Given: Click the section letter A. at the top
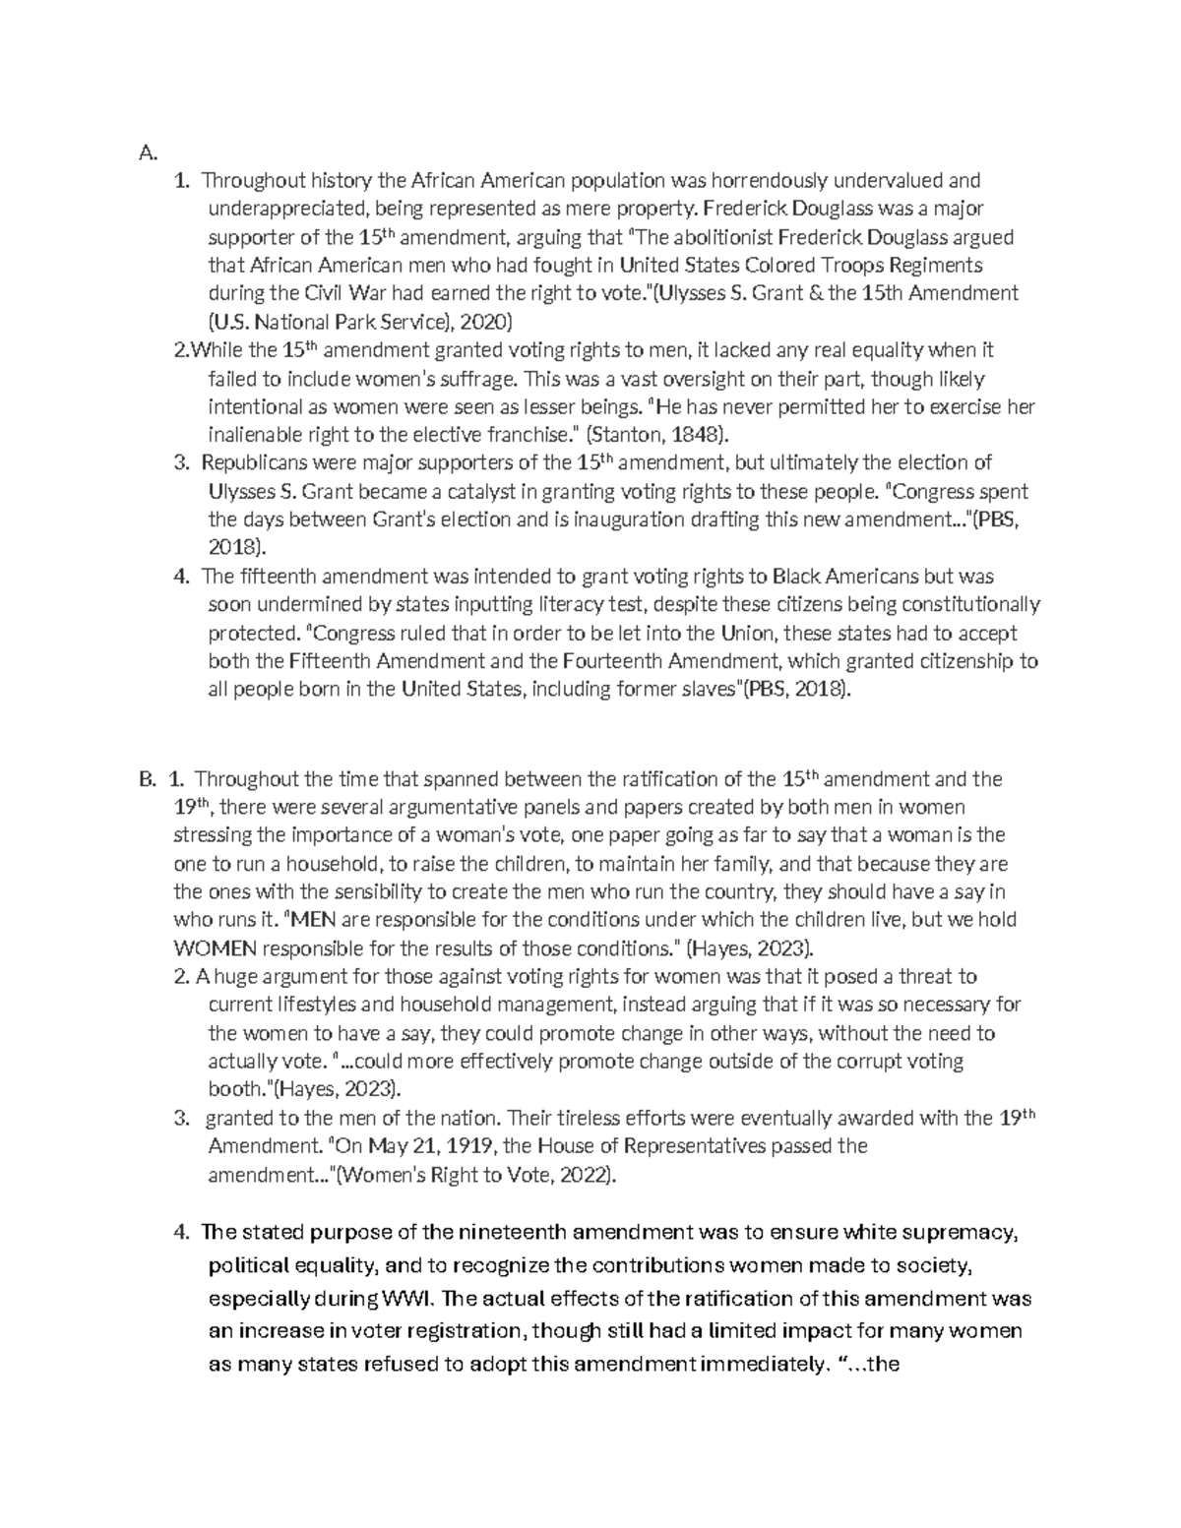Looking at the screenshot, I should click(148, 153).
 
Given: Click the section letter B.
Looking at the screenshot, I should click(148, 780).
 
